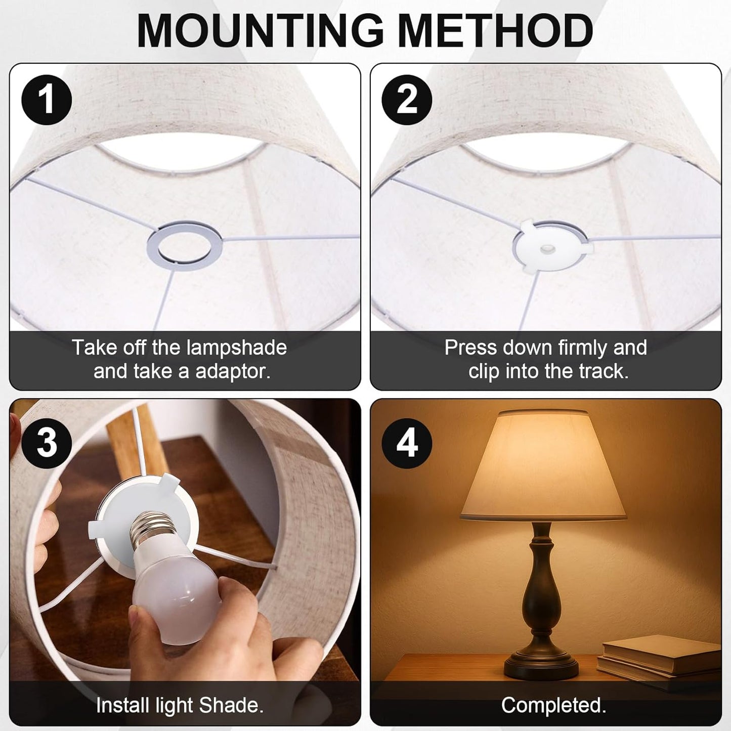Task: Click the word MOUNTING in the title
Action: click(260, 30)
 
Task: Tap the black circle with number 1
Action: click(47, 100)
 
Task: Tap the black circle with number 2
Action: click(407, 100)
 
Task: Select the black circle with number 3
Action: click(47, 443)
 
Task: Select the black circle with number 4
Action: click(407, 443)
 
